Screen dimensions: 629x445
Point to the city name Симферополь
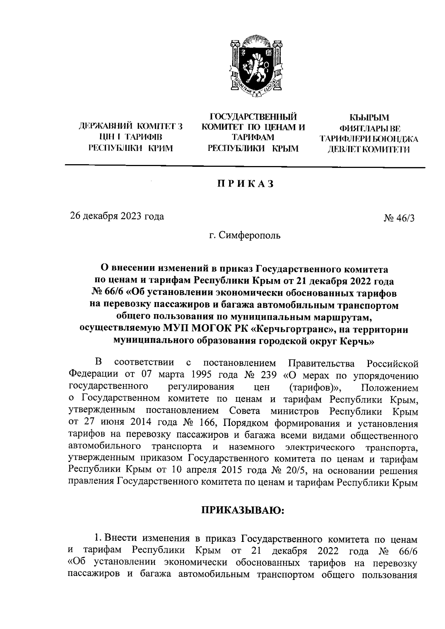pyautogui.click(x=250, y=235)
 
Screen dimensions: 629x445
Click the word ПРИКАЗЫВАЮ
pyautogui.click(x=243, y=510)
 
